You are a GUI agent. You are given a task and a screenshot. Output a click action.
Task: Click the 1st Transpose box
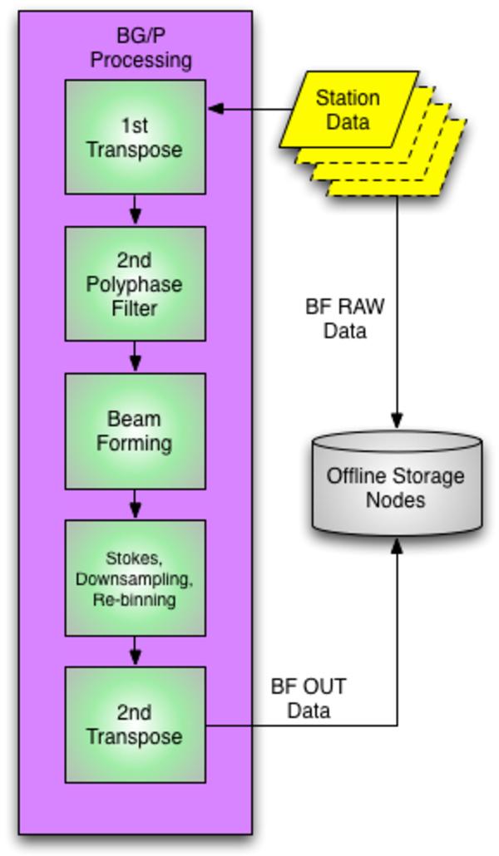click(x=135, y=137)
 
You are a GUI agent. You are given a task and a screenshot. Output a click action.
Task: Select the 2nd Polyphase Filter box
click(x=135, y=284)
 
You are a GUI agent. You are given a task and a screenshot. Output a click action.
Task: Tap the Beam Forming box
click(x=135, y=430)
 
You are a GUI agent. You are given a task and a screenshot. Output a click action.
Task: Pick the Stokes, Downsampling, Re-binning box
click(x=135, y=578)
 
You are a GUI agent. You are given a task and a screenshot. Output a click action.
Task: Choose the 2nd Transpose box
click(x=135, y=724)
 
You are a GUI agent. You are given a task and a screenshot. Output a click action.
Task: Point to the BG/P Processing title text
click(x=141, y=48)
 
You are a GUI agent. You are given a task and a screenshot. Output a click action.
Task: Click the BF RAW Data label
click(x=344, y=318)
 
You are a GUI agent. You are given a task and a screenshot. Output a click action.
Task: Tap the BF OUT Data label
click(x=309, y=699)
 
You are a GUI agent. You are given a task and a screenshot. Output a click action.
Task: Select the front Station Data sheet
click(x=348, y=109)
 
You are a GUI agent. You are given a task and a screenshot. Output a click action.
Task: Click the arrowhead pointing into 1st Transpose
click(x=215, y=108)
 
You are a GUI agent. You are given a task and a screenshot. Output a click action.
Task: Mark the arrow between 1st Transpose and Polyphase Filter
click(x=135, y=211)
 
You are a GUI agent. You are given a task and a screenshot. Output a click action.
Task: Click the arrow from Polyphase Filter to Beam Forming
click(x=135, y=357)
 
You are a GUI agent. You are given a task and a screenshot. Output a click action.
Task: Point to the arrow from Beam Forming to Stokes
click(x=135, y=504)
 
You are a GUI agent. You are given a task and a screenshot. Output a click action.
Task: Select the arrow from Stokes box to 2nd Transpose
click(x=135, y=651)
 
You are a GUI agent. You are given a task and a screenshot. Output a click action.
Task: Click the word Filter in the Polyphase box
click(x=135, y=308)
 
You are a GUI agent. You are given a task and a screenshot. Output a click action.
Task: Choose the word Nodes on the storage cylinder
click(x=396, y=500)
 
